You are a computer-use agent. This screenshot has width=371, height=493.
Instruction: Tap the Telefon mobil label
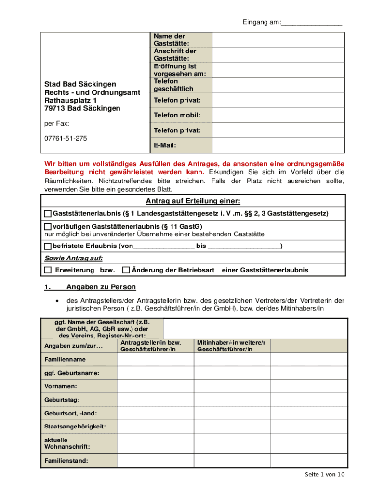click(177, 116)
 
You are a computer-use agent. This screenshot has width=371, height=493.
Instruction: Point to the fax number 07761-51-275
click(66, 138)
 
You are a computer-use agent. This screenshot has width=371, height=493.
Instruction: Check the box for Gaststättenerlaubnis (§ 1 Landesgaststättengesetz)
click(48, 213)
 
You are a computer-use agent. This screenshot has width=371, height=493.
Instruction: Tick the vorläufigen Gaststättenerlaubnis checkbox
click(48, 227)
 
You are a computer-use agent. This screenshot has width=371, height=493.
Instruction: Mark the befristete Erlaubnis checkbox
click(48, 246)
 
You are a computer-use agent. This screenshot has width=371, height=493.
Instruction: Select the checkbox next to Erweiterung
click(48, 270)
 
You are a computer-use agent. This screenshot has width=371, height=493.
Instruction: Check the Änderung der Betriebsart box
click(126, 270)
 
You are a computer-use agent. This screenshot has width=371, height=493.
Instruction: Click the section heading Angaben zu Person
click(101, 287)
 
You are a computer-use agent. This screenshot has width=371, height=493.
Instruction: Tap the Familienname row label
click(65, 360)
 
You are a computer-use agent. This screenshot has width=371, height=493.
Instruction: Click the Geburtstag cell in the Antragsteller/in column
click(155, 400)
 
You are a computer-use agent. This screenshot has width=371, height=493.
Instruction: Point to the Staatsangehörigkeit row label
click(75, 427)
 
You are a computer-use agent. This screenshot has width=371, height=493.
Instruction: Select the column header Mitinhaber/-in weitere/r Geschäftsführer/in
click(231, 346)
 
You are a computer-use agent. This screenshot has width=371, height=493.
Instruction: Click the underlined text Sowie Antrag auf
click(74, 258)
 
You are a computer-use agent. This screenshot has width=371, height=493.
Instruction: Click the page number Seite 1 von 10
click(325, 475)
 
